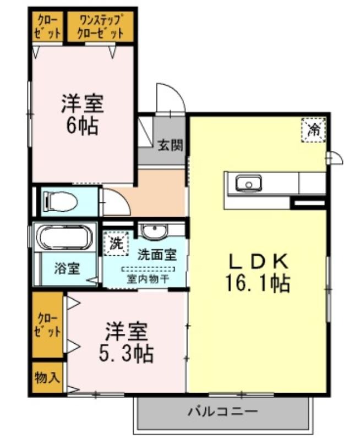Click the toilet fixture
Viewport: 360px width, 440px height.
coord(60,201)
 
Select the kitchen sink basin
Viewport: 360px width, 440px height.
coord(248,183)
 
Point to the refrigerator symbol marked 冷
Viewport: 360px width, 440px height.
coord(314,130)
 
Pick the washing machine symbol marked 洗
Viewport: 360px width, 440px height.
coord(116,243)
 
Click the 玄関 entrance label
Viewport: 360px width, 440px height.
coord(170,145)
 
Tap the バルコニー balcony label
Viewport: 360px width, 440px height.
coord(222,412)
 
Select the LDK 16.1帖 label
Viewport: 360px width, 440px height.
coord(258,272)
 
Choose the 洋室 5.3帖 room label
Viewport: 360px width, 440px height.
coord(127,343)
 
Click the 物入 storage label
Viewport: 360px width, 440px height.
coord(47,377)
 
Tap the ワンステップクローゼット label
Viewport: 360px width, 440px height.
coord(101,26)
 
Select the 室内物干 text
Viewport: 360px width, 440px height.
coord(148,279)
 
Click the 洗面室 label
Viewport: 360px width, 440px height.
coord(157,255)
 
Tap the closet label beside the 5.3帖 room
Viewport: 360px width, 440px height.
coord(47,325)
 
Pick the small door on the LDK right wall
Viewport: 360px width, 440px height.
coord(336,158)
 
